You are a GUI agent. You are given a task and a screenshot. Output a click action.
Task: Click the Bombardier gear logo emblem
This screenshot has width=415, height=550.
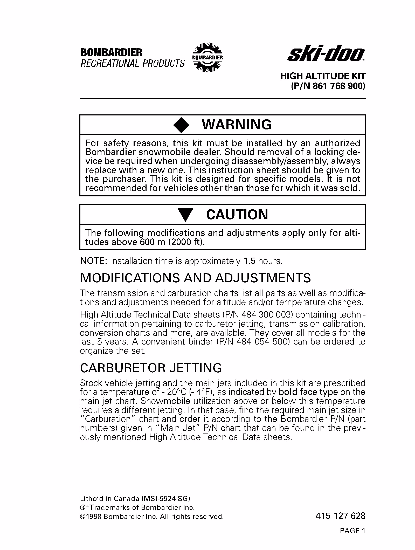(x=208, y=58)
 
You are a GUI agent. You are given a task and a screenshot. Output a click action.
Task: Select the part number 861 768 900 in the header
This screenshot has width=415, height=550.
(x=339, y=86)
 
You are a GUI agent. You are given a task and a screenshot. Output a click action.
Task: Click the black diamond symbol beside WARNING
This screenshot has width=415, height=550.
(x=181, y=125)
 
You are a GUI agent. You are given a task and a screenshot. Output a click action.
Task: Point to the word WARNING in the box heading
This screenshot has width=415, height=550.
(x=237, y=125)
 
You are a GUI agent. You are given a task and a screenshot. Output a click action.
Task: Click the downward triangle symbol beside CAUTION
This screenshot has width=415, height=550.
(x=185, y=215)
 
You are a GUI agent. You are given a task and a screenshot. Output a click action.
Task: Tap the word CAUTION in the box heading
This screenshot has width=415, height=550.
(x=237, y=215)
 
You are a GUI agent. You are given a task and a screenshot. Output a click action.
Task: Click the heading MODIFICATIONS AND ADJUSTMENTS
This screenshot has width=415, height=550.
(x=195, y=278)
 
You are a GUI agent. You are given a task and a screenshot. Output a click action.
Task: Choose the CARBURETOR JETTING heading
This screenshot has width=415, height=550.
(x=151, y=368)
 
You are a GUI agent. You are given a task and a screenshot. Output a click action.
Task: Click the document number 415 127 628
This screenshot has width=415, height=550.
(x=340, y=516)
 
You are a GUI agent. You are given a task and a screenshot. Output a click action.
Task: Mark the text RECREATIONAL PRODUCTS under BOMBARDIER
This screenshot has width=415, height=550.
(x=133, y=63)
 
